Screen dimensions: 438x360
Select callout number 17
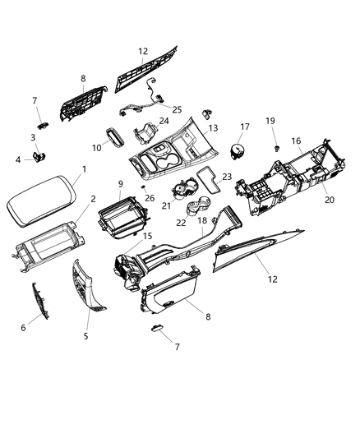pos(243,127)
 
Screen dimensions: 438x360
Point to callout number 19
pos(270,121)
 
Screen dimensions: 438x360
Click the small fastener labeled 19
pos(277,147)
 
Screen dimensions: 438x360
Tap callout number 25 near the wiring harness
pos(178,108)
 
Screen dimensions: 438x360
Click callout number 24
pos(164,121)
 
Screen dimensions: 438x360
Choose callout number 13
pos(212,128)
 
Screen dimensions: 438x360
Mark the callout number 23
pos(227,176)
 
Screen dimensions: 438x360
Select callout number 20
pos(329,200)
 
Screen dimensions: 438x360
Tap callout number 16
pos(296,141)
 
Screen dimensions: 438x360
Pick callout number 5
pos(87,336)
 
